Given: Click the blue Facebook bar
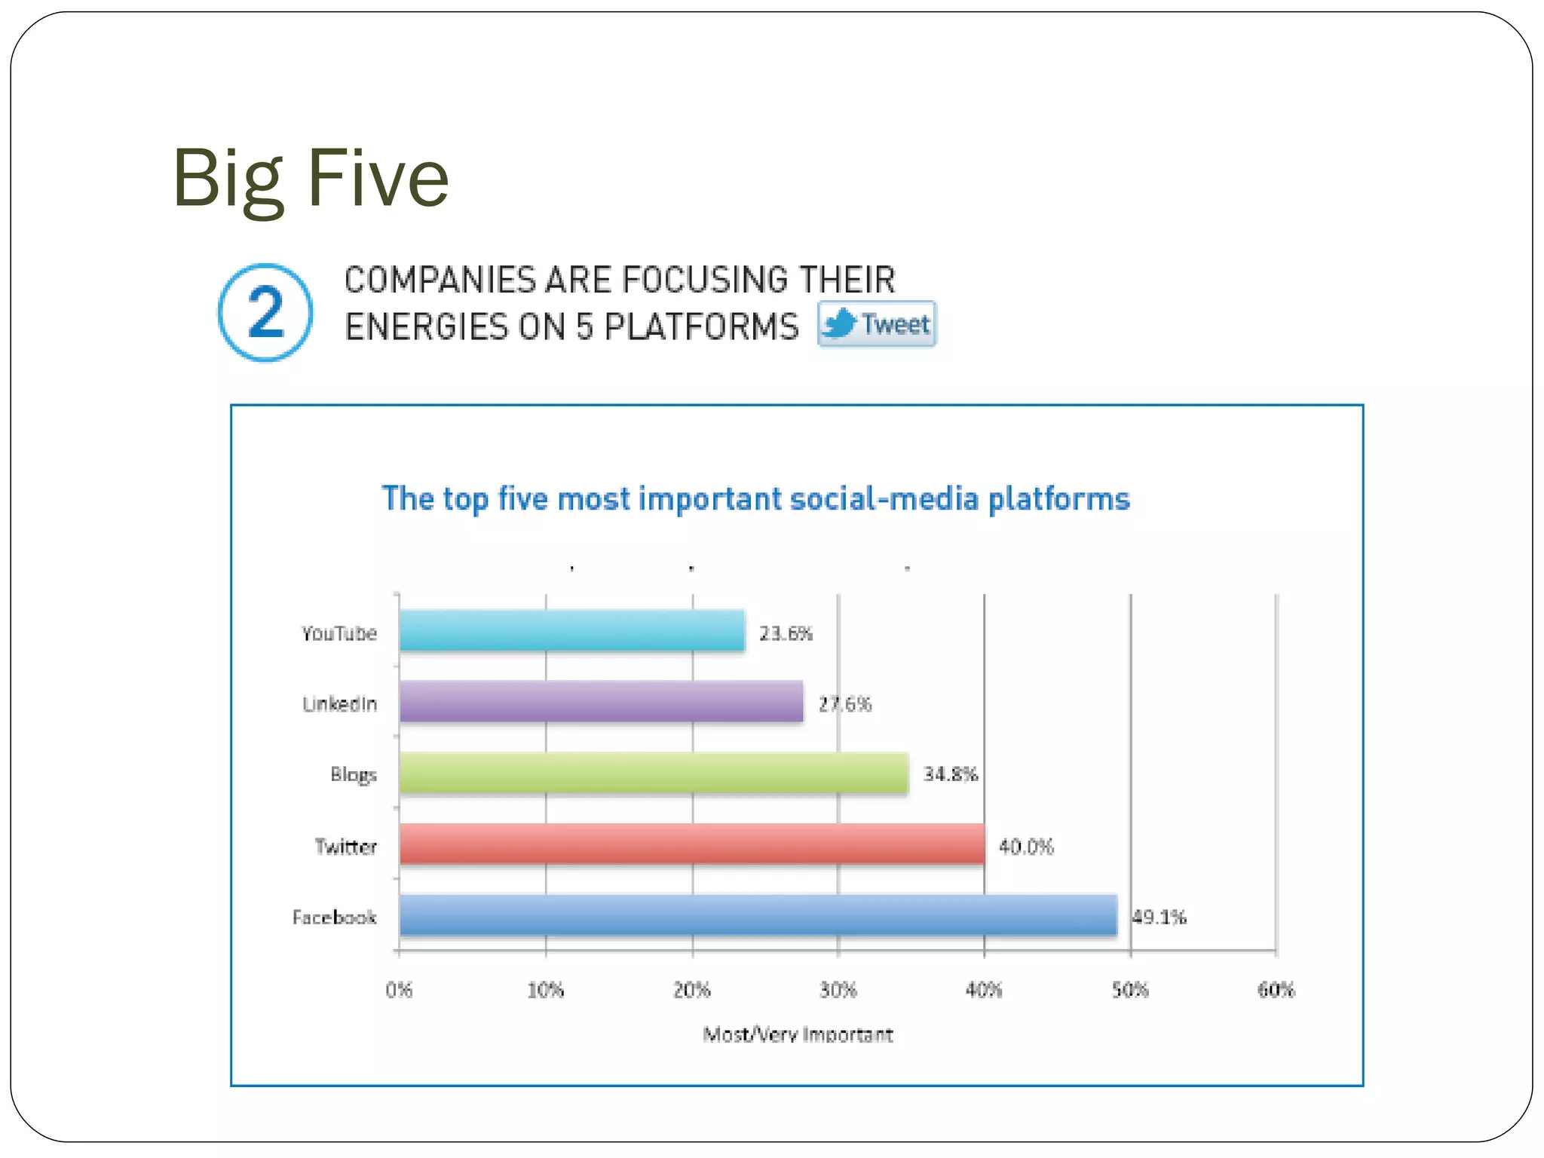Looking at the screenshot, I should pos(758,915).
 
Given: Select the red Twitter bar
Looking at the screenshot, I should pos(691,844).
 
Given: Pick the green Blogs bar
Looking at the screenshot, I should pos(654,773).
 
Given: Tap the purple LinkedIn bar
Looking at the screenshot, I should pos(601,701).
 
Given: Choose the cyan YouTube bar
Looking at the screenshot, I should pos(571,631).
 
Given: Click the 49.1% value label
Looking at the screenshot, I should pos(1159,918).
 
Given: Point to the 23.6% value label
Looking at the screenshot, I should pos(786,633).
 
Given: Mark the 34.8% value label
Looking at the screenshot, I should pos(951,774).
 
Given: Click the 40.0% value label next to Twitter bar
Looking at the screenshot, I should pos(1026,847).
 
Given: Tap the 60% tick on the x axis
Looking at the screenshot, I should pos(1276,990).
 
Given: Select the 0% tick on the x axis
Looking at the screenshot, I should pos(399,990).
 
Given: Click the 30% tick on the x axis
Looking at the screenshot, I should pos(838,990).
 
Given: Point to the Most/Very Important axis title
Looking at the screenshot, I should pos(798,1034).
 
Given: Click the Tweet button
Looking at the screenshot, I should pos(877,324).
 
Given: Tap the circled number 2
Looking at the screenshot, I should pos(265,313).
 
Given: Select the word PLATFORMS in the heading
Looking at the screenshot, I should pos(701,327).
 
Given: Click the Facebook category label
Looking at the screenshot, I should pos(334,918).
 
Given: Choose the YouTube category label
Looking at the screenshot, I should pos(339,633).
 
